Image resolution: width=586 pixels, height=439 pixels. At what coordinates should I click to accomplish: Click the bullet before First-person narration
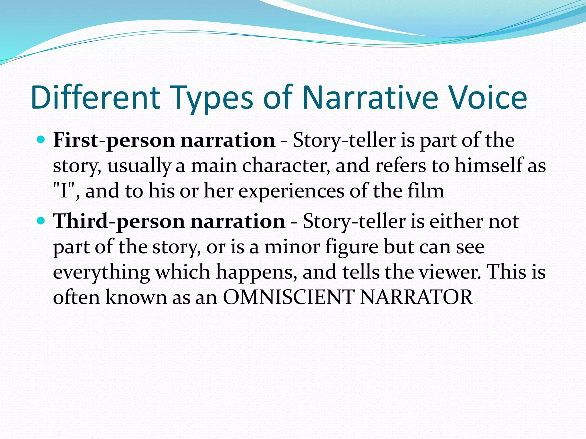pos(41,140)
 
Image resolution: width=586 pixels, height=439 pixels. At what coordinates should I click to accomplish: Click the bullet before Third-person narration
pos(41,221)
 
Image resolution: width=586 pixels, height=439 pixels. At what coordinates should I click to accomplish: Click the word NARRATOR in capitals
pos(416,297)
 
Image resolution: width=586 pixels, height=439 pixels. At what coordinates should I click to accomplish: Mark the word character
pos(286,166)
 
